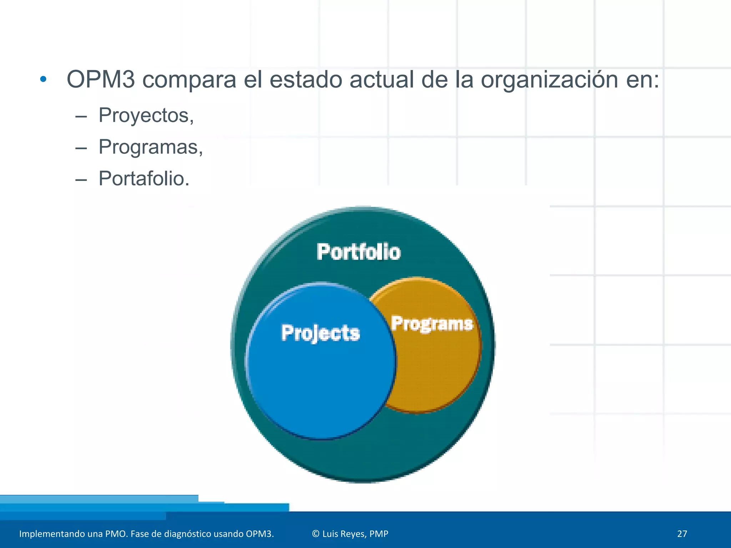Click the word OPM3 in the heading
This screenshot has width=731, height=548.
(101, 79)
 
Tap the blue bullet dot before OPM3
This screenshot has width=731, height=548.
(43, 79)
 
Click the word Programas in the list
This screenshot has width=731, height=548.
(150, 147)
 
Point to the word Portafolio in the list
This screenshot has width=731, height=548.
(143, 178)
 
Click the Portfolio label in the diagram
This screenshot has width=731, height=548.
(359, 252)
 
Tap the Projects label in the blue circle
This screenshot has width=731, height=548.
(320, 333)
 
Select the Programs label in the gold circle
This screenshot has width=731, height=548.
(432, 324)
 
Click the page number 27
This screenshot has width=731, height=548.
(682, 534)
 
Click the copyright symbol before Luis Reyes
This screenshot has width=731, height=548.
(316, 534)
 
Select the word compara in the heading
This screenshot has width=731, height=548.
(189, 80)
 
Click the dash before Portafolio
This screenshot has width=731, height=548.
(81, 180)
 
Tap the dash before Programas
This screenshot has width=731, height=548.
(81, 148)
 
